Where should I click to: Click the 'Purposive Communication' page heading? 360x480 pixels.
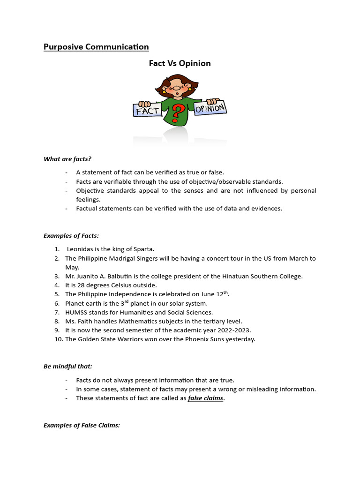point(96,47)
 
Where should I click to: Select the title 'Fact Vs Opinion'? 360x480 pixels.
point(180,63)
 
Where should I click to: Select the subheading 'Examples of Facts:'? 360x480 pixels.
point(71,235)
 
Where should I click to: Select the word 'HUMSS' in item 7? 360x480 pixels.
point(75,312)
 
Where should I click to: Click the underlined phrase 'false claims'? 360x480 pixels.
point(206,398)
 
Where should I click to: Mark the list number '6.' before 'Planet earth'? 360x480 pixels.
point(57,303)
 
